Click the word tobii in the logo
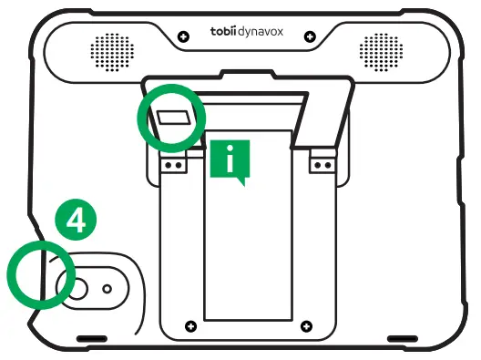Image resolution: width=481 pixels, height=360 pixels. tap(222, 33)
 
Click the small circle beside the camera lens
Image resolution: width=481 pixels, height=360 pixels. tap(107, 288)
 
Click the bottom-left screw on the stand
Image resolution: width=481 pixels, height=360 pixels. tap(189, 325)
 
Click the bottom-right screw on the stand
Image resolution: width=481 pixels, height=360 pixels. tap(304, 325)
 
